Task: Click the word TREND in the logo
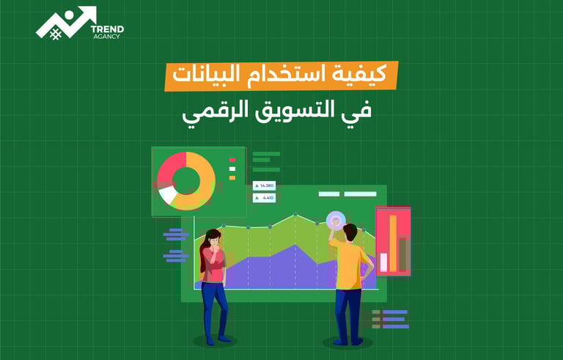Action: point(107,29)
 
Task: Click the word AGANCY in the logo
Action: point(107,37)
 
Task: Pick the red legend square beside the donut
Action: point(232,159)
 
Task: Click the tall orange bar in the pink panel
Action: point(393,241)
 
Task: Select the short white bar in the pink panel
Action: point(383,261)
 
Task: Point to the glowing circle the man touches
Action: point(335,219)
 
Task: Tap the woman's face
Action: point(213,239)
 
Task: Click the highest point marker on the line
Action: point(295,215)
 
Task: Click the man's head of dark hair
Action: point(350,230)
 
